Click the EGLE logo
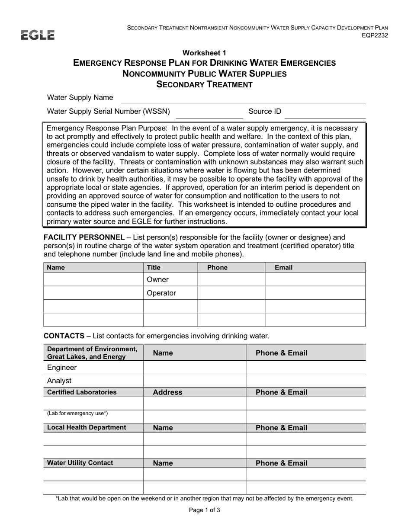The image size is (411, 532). (x=38, y=35)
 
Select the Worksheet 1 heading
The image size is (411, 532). (x=204, y=53)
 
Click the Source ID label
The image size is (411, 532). (x=265, y=112)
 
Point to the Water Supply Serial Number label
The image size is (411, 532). (x=108, y=112)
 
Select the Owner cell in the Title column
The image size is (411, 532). (x=158, y=279)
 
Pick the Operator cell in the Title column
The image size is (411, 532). (x=161, y=293)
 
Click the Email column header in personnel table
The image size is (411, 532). (x=284, y=267)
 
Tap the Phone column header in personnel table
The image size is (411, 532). (x=217, y=267)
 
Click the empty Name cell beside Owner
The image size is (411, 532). (x=93, y=279)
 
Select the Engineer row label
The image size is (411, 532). (x=62, y=368)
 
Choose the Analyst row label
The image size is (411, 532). (x=59, y=381)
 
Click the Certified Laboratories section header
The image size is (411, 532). (x=82, y=392)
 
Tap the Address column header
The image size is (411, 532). (x=167, y=392)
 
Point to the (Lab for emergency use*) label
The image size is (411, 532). (x=77, y=413)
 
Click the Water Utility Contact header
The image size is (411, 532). (x=80, y=463)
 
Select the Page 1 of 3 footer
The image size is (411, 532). (x=205, y=510)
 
